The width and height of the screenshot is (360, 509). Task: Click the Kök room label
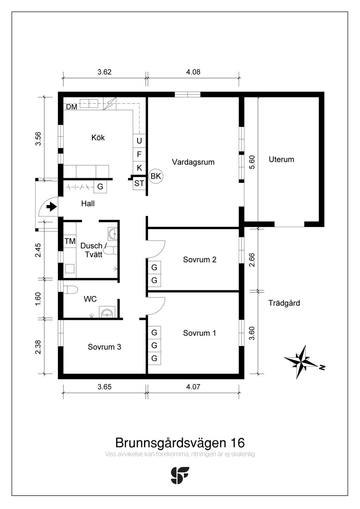pyautogui.click(x=98, y=137)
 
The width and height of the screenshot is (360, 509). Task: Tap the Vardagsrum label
pyautogui.click(x=193, y=162)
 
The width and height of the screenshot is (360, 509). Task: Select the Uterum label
pyautogui.click(x=281, y=159)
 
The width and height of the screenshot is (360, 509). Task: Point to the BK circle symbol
pyautogui.click(x=156, y=176)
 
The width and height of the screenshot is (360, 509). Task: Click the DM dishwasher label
pyautogui.click(x=72, y=107)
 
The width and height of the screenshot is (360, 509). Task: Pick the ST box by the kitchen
pyautogui.click(x=139, y=183)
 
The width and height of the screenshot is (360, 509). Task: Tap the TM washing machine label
pyautogui.click(x=70, y=241)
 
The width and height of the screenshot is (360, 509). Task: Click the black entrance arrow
pyautogui.click(x=52, y=207)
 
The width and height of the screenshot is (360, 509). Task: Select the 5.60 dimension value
pyautogui.click(x=252, y=162)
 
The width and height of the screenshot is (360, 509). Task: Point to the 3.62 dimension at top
pyautogui.click(x=104, y=72)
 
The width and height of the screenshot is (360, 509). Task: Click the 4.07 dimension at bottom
pyautogui.click(x=193, y=387)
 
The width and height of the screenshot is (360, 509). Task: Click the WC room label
pyautogui.click(x=90, y=299)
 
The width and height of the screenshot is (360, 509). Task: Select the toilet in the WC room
pyautogui.click(x=70, y=290)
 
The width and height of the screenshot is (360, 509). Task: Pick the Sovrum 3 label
pyautogui.click(x=104, y=347)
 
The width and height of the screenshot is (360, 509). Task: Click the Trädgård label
pyautogui.click(x=284, y=303)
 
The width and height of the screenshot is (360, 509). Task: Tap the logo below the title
pyautogui.click(x=180, y=475)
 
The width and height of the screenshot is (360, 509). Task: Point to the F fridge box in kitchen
pyautogui.click(x=139, y=154)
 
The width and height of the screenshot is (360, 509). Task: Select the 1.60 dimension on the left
pyautogui.click(x=38, y=299)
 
